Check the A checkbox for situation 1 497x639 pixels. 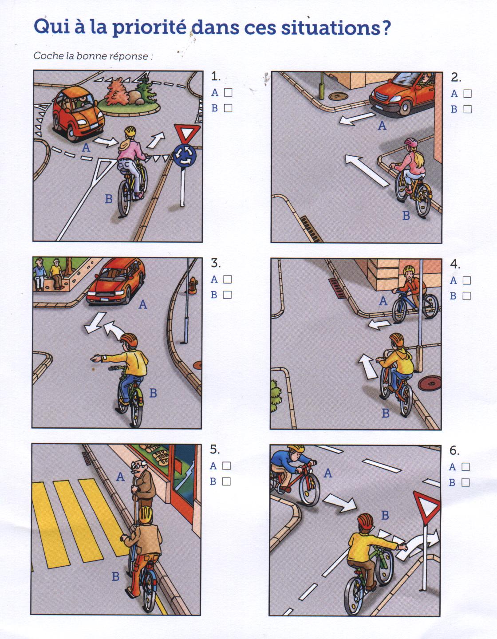[x=228, y=93]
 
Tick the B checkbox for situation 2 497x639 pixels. [x=467, y=110]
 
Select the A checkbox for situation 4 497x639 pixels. [x=467, y=280]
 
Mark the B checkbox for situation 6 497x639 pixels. [x=465, y=482]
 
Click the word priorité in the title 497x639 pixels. [x=150, y=28]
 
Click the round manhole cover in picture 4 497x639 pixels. [x=430, y=383]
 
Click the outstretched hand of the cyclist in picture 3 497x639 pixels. [x=95, y=359]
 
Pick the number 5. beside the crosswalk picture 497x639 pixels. [x=215, y=450]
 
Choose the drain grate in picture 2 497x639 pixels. [x=312, y=229]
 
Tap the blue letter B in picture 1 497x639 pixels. [x=109, y=199]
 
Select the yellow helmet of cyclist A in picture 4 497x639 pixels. [x=409, y=269]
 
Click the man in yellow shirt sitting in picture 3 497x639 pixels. [x=56, y=273]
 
